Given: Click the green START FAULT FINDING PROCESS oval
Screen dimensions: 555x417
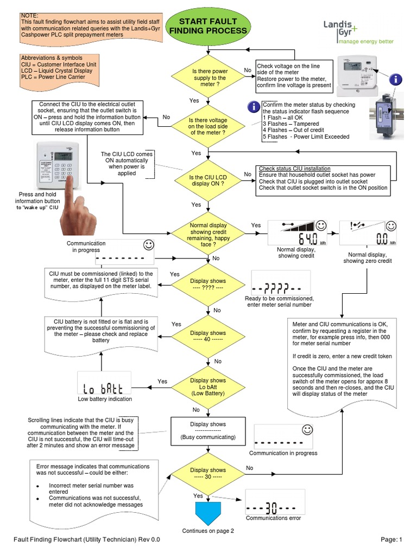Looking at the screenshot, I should [x=208, y=27].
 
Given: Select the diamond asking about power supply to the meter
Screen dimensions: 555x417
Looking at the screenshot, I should [x=209, y=78].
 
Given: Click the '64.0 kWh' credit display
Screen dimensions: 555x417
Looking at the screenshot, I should [x=298, y=233].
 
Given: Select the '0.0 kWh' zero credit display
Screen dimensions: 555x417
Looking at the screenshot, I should [x=364, y=233].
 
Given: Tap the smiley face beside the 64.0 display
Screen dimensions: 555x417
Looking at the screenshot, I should [x=321, y=225].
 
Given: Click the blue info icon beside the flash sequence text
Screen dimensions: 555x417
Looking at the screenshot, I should [x=253, y=106].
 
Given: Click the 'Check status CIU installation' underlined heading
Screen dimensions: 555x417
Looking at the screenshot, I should [x=294, y=169].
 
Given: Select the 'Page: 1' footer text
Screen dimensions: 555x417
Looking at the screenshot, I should [x=391, y=539].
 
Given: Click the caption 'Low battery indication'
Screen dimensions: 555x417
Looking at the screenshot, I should [x=104, y=399].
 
